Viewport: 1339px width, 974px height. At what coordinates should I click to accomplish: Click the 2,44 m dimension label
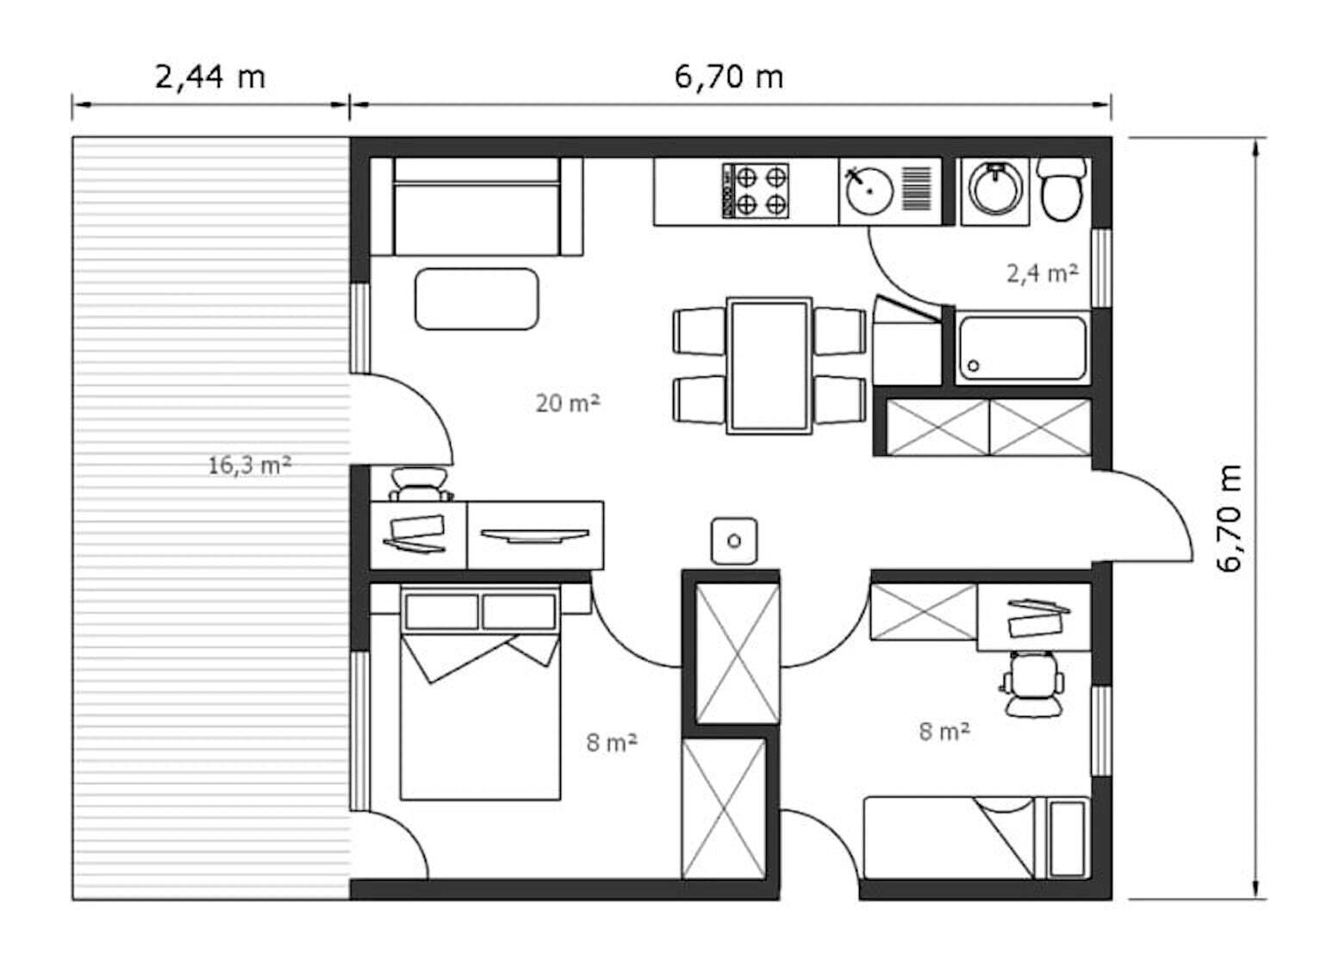[210, 77]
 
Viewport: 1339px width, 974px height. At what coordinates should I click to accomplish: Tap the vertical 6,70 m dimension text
[1230, 518]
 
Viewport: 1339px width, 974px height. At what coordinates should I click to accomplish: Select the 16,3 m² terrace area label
[249, 465]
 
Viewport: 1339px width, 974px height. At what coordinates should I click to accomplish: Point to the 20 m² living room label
[567, 403]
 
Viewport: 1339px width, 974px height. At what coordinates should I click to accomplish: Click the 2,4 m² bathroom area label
[1043, 273]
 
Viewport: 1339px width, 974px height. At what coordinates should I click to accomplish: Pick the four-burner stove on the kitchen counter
[756, 190]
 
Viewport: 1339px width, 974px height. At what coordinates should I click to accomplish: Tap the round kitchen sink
[869, 190]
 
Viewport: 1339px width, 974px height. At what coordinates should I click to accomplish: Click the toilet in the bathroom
[1061, 189]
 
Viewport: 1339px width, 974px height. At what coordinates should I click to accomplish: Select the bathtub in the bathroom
[1023, 347]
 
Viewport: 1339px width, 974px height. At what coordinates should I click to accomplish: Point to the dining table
[769, 366]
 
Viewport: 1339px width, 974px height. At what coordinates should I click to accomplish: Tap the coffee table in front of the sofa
[476, 299]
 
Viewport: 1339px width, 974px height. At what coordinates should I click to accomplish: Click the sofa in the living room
[476, 207]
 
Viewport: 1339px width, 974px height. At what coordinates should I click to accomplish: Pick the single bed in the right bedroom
[977, 838]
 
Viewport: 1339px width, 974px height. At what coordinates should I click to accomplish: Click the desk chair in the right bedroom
[1033, 684]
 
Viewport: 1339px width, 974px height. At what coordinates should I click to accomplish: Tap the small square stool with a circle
[734, 541]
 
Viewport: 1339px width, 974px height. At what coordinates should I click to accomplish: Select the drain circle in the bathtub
[973, 365]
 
